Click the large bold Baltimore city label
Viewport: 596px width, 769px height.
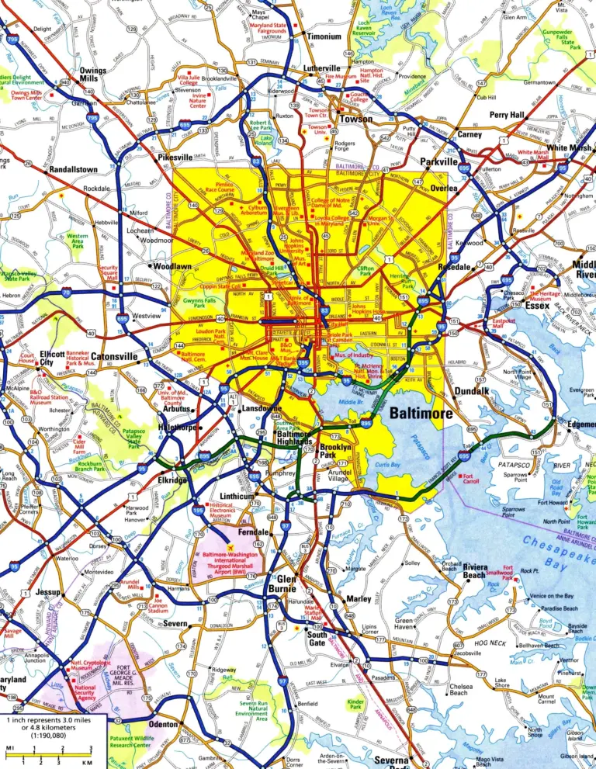(x=421, y=414)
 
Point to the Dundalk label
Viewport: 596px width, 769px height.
(x=472, y=392)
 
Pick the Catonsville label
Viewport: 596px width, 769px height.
(x=114, y=358)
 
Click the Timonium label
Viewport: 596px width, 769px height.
(x=324, y=36)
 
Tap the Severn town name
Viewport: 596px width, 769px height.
(x=176, y=623)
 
